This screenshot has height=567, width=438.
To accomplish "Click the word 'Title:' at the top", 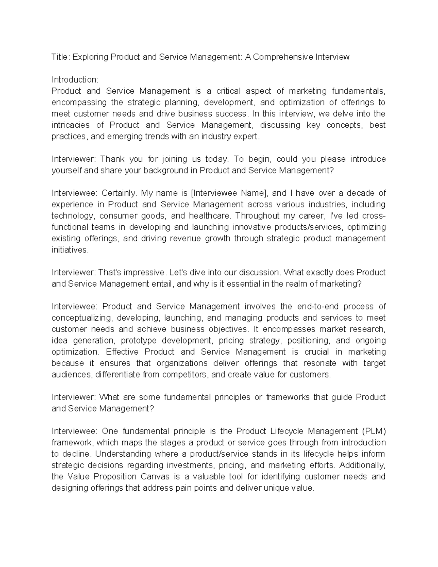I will (61, 57).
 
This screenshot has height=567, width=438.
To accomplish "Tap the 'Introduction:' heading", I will (75, 80).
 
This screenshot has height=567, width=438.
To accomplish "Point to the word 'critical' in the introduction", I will (228, 91).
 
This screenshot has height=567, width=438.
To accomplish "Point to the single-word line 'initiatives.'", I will (70, 250).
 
